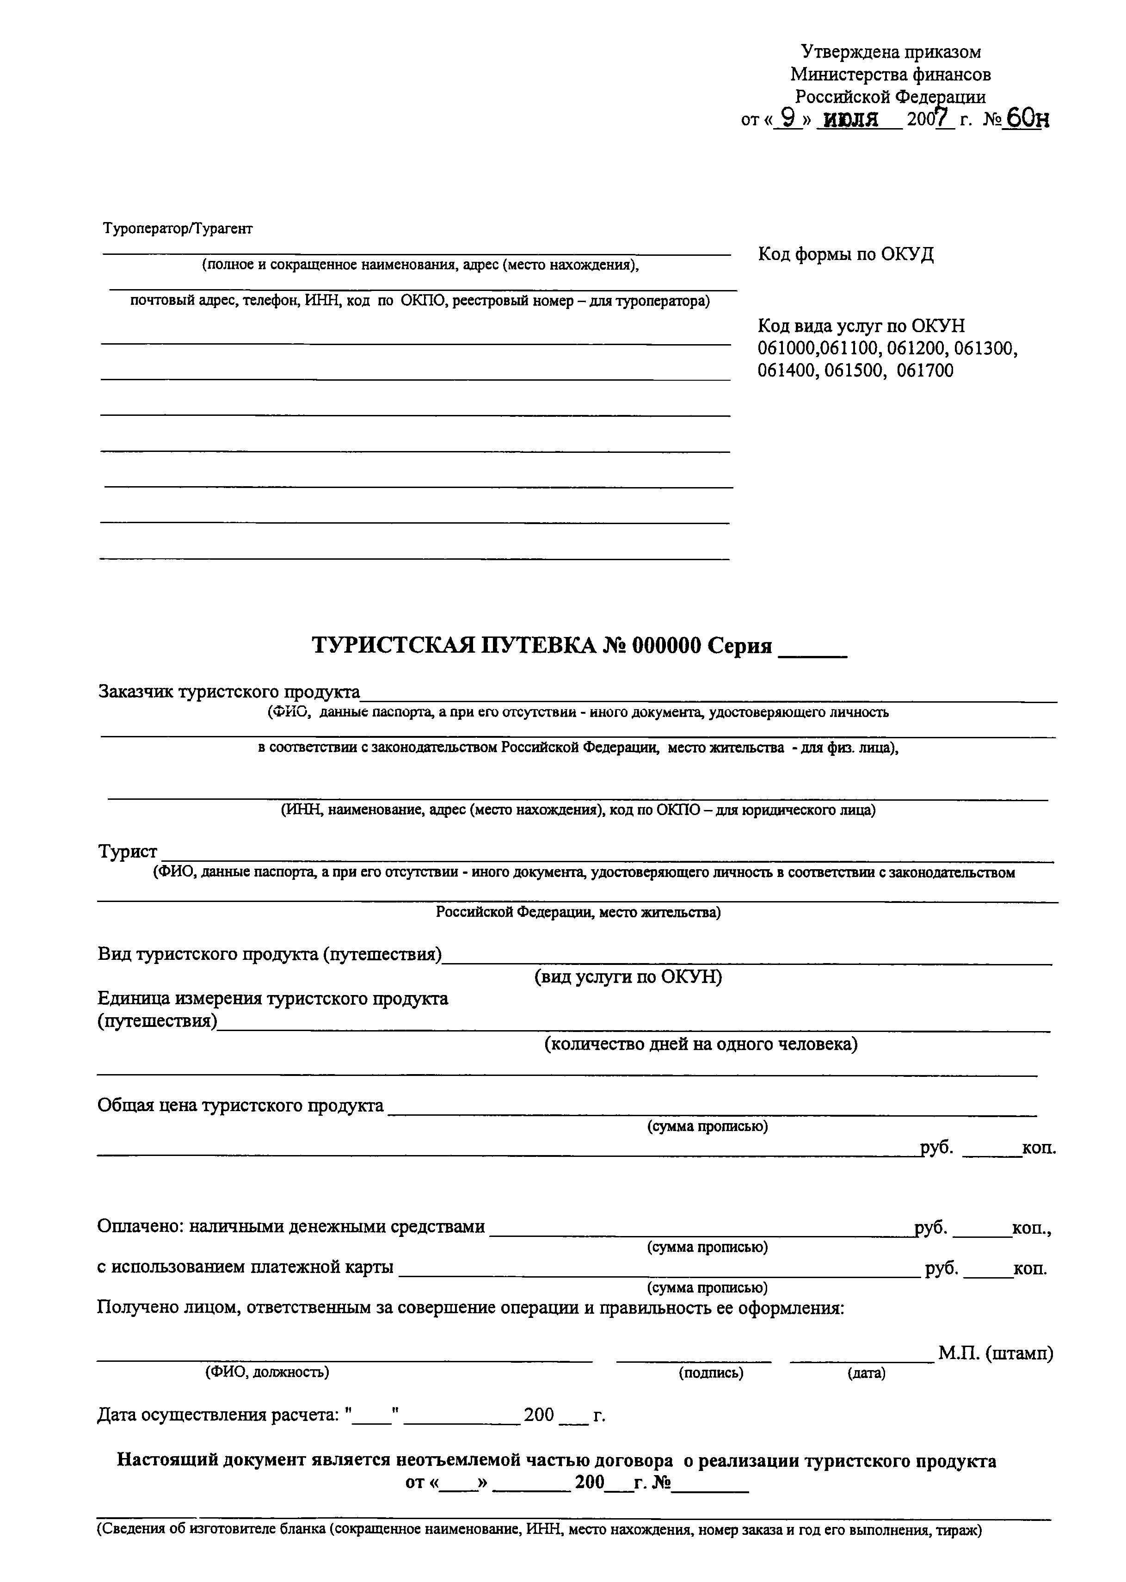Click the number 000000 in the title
(x=665, y=646)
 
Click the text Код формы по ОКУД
(x=845, y=254)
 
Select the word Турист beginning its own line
(x=128, y=852)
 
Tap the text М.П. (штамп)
(x=996, y=1353)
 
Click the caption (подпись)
(x=711, y=1372)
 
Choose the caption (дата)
(x=866, y=1372)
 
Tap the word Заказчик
(x=136, y=692)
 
